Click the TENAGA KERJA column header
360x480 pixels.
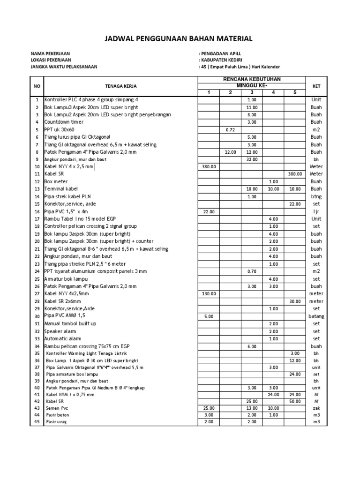pos(120,86)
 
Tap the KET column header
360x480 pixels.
pos(316,86)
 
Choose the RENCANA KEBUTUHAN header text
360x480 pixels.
pos(252,80)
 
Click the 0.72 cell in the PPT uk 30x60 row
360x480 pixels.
pos(230,129)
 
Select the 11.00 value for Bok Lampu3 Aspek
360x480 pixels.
pos(252,107)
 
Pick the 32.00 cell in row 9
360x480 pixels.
pos(252,159)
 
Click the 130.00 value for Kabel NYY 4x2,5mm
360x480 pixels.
pos(209,293)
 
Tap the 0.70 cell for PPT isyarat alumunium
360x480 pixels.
pos(252,271)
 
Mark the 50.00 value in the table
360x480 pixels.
pos(295,402)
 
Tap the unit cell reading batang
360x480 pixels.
pos(316,316)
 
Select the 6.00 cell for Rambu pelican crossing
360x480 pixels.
pos(252,346)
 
